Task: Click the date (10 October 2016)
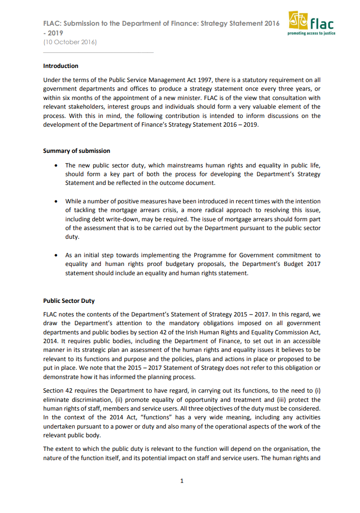(x=70, y=42)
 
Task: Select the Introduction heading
(x=61, y=66)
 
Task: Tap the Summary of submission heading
(x=77, y=151)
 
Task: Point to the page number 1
(x=181, y=481)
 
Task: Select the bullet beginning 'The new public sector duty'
(x=193, y=174)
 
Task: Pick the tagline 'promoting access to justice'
(x=311, y=34)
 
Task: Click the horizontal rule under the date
(x=98, y=52)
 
